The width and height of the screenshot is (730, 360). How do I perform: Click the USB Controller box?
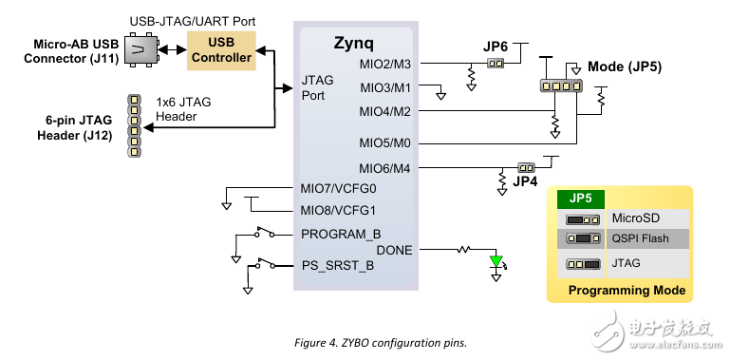[x=221, y=49]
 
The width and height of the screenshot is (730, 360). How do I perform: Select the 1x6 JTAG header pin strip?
[x=135, y=125]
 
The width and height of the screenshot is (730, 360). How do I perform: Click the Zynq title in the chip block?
[x=356, y=43]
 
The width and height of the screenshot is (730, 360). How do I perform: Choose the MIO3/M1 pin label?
[x=385, y=87]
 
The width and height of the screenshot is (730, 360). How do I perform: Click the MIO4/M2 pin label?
[x=385, y=111]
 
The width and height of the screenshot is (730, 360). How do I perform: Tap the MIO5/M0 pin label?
[x=385, y=143]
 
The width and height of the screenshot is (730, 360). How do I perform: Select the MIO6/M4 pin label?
[x=385, y=167]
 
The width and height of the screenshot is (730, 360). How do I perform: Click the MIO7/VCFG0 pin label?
[x=338, y=188]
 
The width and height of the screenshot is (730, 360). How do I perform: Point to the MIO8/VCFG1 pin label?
[x=338, y=211]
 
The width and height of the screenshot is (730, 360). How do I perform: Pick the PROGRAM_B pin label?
[x=341, y=234]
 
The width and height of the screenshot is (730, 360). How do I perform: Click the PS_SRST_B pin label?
[x=337, y=265]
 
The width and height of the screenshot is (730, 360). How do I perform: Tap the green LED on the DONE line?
[x=495, y=262]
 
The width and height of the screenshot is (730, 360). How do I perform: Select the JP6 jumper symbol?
[x=494, y=64]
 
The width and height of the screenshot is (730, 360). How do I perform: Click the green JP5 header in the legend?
[x=580, y=199]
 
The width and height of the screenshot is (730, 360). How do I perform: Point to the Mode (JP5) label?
[x=625, y=67]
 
